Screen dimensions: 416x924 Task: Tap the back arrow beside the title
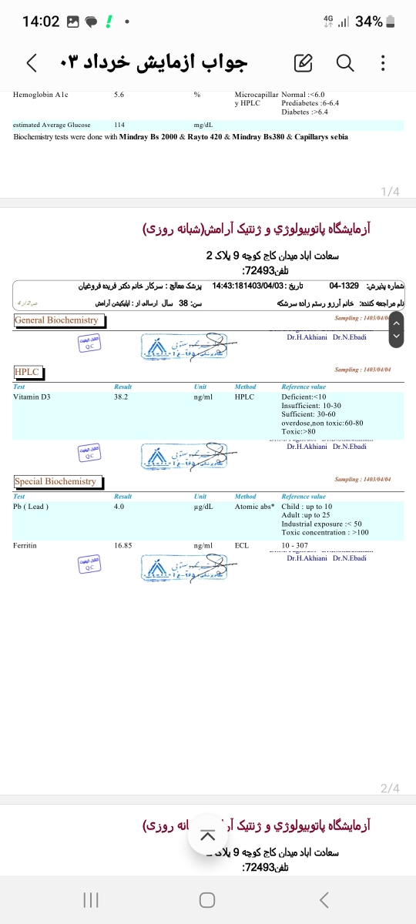pos(31,62)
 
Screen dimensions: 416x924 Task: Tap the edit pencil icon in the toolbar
pos(303,62)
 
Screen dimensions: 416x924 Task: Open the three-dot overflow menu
pos(384,62)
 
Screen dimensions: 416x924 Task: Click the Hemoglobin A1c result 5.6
pos(119,95)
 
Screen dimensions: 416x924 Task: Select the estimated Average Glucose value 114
pos(119,125)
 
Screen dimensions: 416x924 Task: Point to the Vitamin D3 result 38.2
pos(120,397)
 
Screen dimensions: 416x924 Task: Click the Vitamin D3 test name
pos(32,397)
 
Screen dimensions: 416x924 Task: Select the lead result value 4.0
pos(119,507)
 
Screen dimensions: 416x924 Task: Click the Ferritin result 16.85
pos(123,545)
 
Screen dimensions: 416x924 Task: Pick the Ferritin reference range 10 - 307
pos(296,545)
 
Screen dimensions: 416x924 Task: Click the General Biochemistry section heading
pos(56,320)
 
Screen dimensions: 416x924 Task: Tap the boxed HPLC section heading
pos(26,372)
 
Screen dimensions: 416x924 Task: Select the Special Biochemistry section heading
pos(55,481)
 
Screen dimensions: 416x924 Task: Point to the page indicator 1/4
pos(390,191)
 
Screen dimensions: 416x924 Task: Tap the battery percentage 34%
pos(369,22)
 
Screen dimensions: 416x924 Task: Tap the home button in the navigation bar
pos(206,899)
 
